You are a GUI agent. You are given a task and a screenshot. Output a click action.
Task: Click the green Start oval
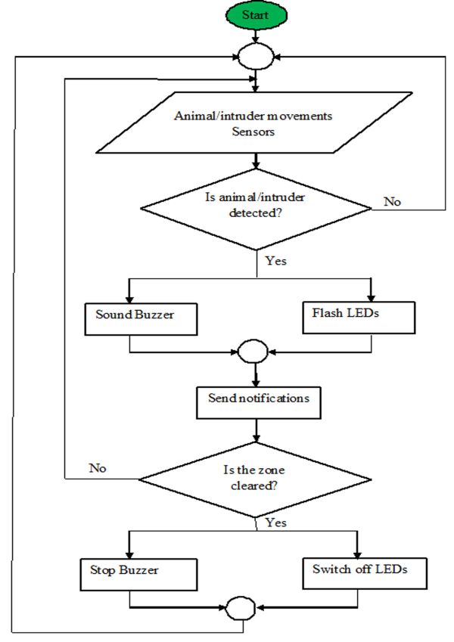[256, 15]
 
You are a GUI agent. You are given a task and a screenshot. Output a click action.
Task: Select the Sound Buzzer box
[141, 319]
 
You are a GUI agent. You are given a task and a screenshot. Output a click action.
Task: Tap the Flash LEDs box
[359, 318]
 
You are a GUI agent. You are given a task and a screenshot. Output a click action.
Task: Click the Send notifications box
[259, 402]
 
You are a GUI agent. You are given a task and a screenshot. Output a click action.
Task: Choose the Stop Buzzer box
[138, 575]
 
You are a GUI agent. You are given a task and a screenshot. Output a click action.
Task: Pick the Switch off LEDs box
[365, 573]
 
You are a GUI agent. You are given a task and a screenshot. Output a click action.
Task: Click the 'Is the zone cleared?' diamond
[255, 479]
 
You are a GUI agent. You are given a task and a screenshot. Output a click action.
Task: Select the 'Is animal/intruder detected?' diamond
[256, 209]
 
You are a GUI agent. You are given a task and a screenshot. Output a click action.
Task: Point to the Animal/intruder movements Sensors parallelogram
[254, 123]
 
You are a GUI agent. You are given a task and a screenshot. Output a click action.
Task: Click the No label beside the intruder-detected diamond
[392, 201]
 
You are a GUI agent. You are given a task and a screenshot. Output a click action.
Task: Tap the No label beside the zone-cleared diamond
[98, 468]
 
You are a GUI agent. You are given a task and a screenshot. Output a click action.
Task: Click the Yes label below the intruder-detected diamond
[275, 261]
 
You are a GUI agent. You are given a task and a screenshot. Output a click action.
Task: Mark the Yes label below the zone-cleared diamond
[275, 523]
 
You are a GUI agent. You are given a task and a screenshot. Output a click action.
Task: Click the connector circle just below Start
[256, 57]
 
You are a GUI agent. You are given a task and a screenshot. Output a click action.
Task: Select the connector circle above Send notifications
[253, 352]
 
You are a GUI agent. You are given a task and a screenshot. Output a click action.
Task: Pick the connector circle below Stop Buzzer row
[241, 608]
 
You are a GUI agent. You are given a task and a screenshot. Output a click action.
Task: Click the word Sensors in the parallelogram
[253, 132]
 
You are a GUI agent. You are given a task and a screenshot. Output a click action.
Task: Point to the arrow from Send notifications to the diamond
[256, 430]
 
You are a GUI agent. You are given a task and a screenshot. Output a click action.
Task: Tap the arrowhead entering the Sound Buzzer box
[129, 299]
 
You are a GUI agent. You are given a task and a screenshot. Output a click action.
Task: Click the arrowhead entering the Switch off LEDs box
[357, 554]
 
